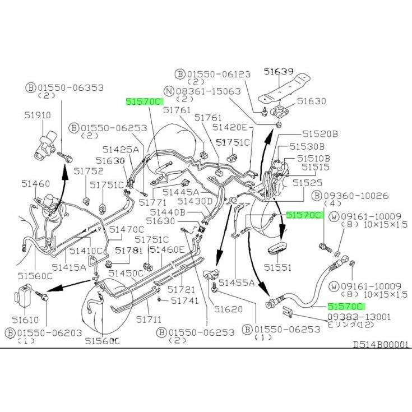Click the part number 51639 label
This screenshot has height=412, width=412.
[279, 71]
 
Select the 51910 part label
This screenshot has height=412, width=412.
[38, 115]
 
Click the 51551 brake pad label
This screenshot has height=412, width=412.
[277, 267]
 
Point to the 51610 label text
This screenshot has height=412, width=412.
[25, 320]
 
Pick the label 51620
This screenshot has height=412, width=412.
[228, 309]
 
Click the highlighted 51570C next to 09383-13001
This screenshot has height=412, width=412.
[346, 307]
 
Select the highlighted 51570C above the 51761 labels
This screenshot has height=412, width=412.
[145, 101]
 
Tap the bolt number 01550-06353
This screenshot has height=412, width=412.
[71, 87]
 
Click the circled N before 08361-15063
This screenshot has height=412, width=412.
[169, 91]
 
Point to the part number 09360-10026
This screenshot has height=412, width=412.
[356, 196]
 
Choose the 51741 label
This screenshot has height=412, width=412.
[185, 300]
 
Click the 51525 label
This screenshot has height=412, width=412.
[307, 183]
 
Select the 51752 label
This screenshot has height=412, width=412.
[89, 171]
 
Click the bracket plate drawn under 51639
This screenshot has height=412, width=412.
[284, 89]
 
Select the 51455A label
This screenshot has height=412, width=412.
[237, 283]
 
